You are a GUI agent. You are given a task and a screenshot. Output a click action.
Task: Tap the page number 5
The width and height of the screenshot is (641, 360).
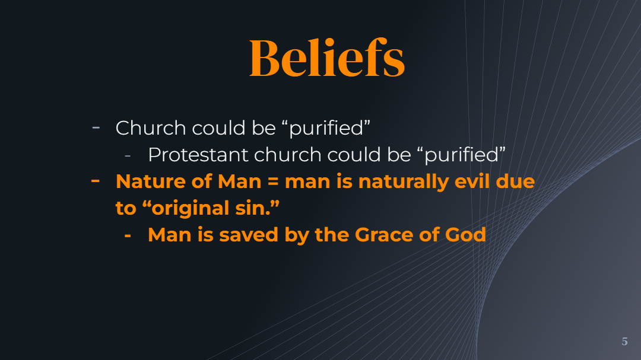[x=624, y=342]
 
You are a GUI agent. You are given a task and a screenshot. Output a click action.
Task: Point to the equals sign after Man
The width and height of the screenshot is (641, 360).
[x=272, y=181]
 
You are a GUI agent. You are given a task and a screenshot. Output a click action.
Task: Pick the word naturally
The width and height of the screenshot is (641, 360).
[x=404, y=182]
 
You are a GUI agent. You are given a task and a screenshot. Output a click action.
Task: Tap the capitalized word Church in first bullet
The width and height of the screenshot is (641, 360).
[x=151, y=128]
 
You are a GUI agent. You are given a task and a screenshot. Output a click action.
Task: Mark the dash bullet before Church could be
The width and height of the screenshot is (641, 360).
[x=96, y=128]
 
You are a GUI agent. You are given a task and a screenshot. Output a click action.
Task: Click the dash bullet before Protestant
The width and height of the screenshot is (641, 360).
[x=128, y=155]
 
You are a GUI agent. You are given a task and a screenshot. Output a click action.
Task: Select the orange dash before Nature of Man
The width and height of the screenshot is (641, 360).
[x=95, y=180]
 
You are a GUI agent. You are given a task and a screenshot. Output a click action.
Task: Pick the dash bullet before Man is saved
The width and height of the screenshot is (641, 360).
[x=128, y=236]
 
